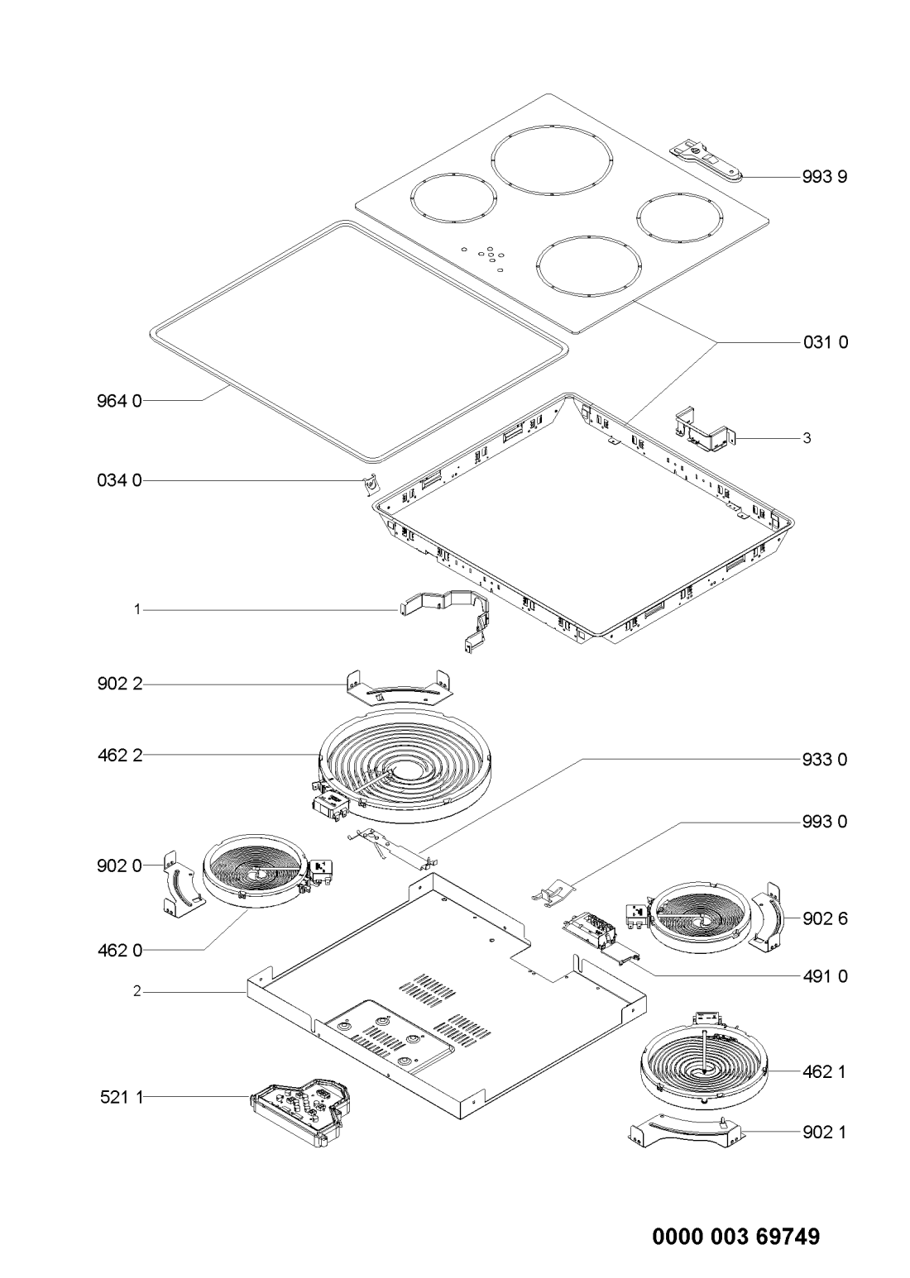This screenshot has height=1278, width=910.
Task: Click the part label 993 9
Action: pos(824,177)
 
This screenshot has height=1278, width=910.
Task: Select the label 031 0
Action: pos(825,342)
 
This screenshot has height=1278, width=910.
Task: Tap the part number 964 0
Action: pos(119,401)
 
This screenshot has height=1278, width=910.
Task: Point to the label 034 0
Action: pos(119,480)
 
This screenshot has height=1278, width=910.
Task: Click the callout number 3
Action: pos(806,438)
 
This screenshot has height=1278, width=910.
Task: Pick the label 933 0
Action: pos(824,760)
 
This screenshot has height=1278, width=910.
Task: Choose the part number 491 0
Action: pos(825,976)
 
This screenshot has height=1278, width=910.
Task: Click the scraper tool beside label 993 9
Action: pos(706,161)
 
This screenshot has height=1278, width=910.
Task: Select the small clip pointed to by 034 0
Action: pos(371,485)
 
